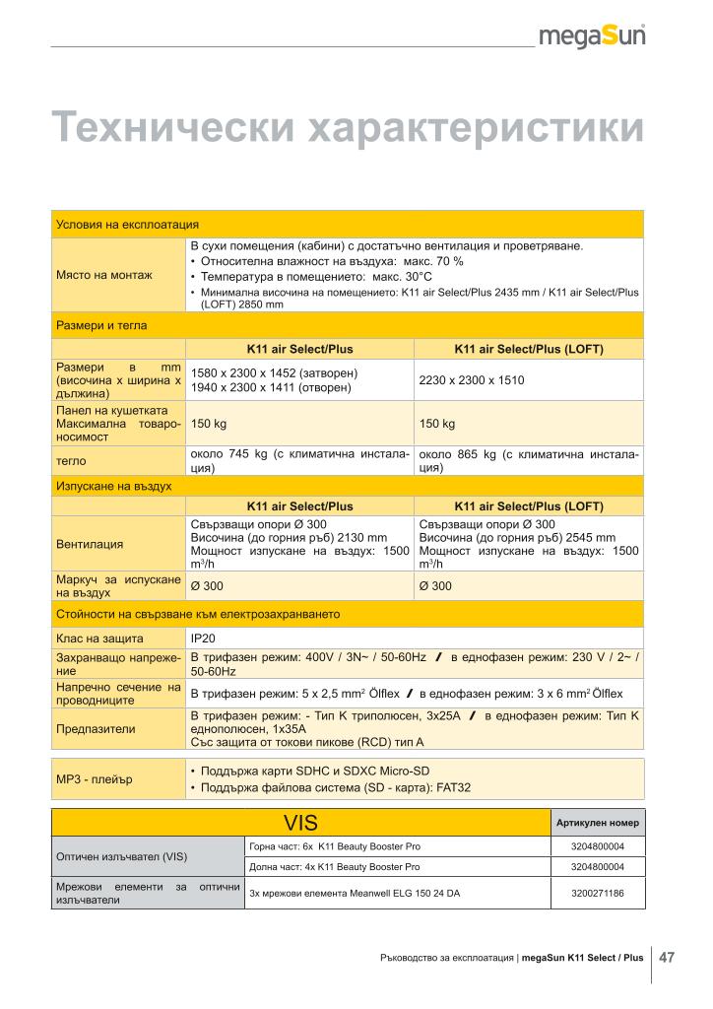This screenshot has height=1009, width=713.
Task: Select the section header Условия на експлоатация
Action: pos(128,225)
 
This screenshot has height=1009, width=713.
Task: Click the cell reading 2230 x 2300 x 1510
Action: pos(472,379)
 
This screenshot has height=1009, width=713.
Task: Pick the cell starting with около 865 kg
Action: pos(529,461)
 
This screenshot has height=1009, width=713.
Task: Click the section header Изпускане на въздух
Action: pos(114,486)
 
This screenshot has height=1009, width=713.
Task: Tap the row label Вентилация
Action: pos(90,543)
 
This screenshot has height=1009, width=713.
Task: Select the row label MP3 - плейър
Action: pos(95,779)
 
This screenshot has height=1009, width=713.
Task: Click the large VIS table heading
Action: pos(300,823)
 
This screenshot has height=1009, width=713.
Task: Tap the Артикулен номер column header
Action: pos(597,823)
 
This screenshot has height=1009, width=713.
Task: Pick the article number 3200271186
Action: pos(597,895)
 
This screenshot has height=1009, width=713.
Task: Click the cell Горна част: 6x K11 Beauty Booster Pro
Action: pos(334,846)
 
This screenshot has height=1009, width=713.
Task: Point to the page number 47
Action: pos(667,956)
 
